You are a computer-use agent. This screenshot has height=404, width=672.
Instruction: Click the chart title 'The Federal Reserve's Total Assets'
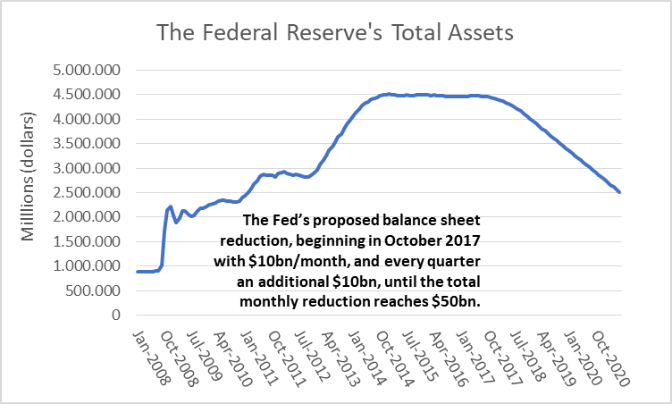coord(335,33)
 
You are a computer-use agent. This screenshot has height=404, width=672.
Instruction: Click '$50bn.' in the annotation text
coord(461,302)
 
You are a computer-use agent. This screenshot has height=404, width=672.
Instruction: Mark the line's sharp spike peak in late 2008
coord(171,206)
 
